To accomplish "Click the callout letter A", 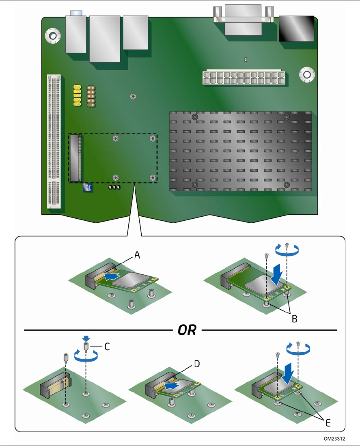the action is pos(137,255).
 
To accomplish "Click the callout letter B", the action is pos(295,319).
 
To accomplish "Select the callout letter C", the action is pos(107,347).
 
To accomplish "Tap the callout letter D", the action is pos(197,364).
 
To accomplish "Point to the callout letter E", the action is pos(328,423).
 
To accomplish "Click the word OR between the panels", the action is pos(187,330).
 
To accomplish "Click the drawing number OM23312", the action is pos(334,439).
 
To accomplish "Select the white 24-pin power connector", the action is pos(244,77).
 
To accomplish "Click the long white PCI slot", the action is pos(54,141).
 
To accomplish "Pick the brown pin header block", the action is pos(91,96).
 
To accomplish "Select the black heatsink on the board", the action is pos(241,151).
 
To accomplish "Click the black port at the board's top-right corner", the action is pos(297,29).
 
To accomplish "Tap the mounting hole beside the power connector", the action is pos(307,75).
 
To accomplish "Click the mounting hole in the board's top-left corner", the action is pos(53,36).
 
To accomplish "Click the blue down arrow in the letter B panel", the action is pos(277,274).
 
